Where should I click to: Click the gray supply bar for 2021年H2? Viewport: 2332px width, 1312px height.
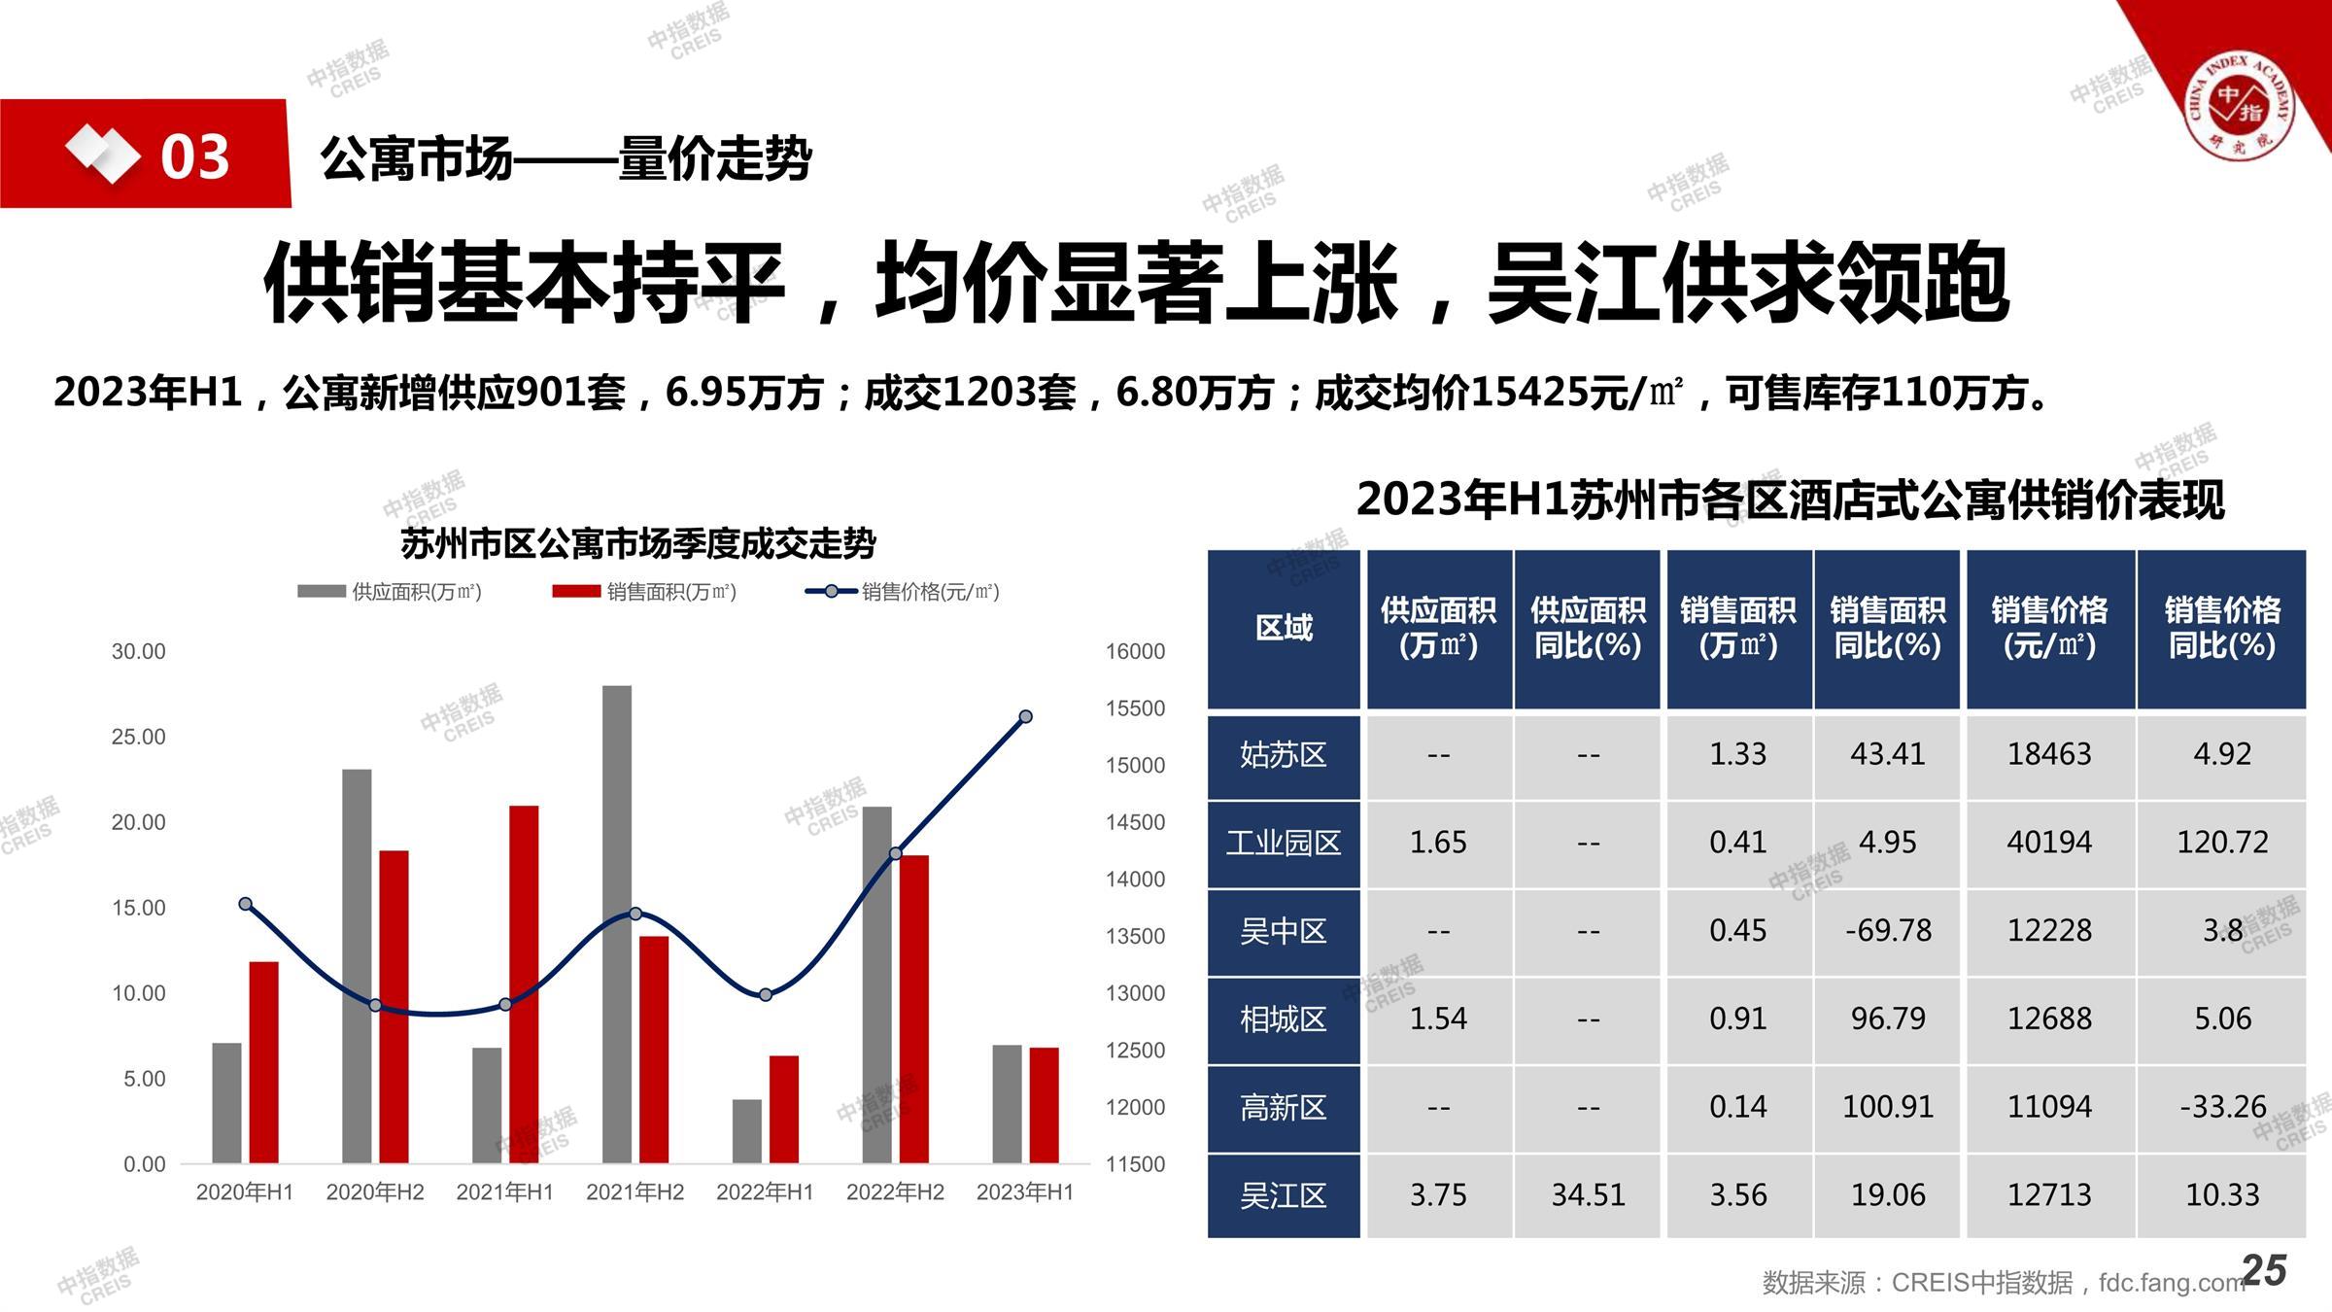point(616,923)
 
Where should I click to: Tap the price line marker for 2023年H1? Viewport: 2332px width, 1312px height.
point(1025,717)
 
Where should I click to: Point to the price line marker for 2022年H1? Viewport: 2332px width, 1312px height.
point(766,994)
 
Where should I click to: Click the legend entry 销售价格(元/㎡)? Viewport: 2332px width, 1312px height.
point(903,591)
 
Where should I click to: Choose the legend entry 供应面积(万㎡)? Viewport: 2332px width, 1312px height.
point(391,591)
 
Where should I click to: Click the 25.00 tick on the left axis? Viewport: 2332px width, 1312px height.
point(138,737)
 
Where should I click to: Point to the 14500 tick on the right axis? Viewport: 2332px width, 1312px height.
point(1135,822)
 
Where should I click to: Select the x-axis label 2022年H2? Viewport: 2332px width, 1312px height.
point(895,1192)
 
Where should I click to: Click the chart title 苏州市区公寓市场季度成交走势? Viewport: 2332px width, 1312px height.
point(638,543)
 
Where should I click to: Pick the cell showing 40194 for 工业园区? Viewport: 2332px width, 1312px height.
point(2049,842)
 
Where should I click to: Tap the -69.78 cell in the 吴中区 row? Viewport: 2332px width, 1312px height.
point(1887,930)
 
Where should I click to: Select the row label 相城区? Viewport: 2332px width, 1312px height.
point(1283,1019)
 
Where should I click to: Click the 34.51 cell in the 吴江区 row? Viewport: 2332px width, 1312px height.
point(1588,1194)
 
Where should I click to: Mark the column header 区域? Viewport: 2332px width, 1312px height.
point(1284,628)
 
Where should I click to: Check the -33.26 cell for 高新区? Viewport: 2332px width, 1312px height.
point(2222,1107)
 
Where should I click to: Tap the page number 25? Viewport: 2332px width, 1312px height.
point(2264,1270)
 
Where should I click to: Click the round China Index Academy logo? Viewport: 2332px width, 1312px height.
point(2238,107)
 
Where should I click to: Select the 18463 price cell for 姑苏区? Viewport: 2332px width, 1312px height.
point(2049,754)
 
